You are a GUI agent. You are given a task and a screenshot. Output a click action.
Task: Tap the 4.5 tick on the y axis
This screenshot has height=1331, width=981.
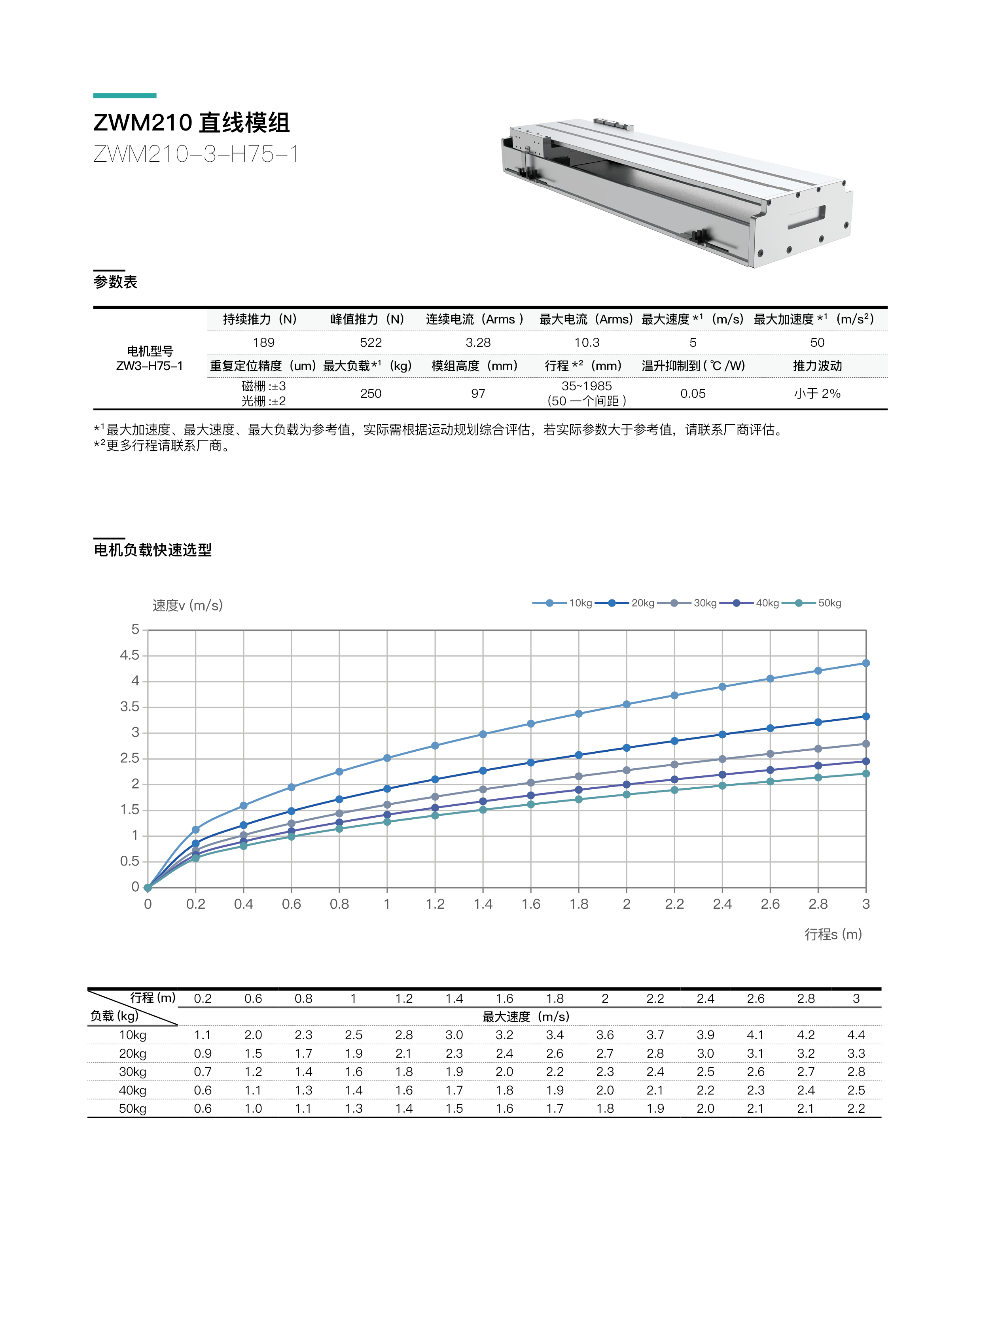pyautogui.click(x=129, y=655)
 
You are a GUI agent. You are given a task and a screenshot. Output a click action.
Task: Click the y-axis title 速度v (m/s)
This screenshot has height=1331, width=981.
pyautogui.click(x=187, y=605)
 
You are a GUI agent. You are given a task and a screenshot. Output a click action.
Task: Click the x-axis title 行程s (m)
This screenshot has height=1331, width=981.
pyautogui.click(x=833, y=934)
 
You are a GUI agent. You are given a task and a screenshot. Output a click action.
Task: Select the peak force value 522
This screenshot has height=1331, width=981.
pyautogui.click(x=371, y=342)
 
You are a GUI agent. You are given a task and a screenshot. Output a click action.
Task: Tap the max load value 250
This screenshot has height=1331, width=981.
pyautogui.click(x=371, y=393)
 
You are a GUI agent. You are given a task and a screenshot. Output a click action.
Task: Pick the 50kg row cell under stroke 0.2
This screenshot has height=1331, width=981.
pyautogui.click(x=203, y=1108)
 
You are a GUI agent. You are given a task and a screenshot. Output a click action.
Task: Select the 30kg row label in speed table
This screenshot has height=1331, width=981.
pyautogui.click(x=133, y=1072)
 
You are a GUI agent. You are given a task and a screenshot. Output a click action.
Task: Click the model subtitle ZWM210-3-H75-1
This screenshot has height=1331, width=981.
pyautogui.click(x=195, y=154)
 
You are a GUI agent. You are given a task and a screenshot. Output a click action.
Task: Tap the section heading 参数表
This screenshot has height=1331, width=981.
pyautogui.click(x=115, y=282)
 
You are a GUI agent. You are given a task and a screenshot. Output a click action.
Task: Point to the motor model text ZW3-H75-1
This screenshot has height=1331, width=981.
pyautogui.click(x=150, y=366)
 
